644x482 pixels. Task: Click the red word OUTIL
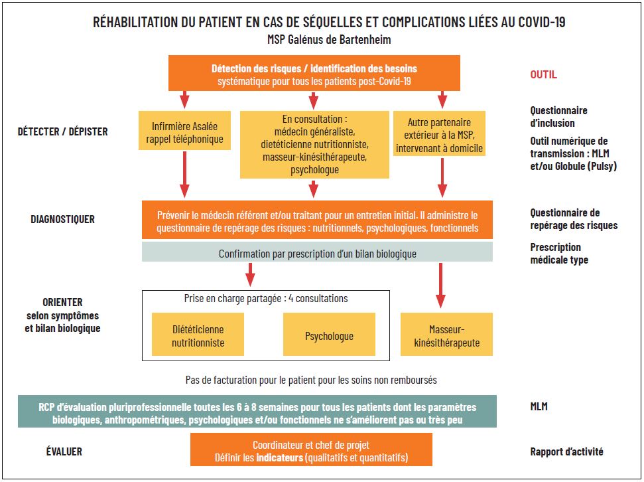(x=543, y=74)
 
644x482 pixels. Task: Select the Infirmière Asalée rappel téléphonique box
(x=184, y=133)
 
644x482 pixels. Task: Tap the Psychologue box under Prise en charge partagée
(x=329, y=336)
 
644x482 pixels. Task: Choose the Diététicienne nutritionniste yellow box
(x=198, y=336)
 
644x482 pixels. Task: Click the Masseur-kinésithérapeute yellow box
(x=446, y=336)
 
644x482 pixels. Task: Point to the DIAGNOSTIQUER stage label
(x=63, y=218)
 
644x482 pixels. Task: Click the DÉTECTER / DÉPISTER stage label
(x=63, y=131)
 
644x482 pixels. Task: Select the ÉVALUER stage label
(x=64, y=451)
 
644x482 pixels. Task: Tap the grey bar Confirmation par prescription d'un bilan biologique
(x=317, y=253)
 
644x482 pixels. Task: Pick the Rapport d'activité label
(x=566, y=452)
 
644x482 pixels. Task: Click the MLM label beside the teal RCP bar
(x=539, y=406)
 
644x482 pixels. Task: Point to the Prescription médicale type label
(x=558, y=254)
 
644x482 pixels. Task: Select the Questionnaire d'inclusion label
(x=558, y=117)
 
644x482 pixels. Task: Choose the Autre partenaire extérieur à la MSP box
(x=439, y=135)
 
